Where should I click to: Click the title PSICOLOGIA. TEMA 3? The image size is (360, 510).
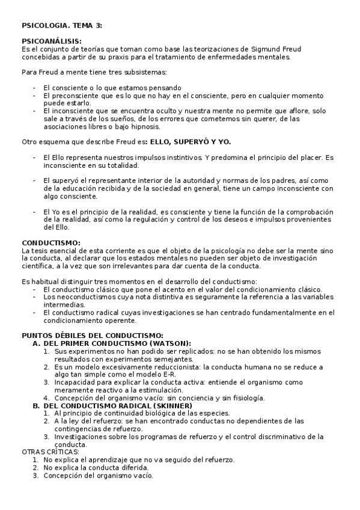(61, 25)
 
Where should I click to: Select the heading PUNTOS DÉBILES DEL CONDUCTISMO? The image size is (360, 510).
(92, 336)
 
